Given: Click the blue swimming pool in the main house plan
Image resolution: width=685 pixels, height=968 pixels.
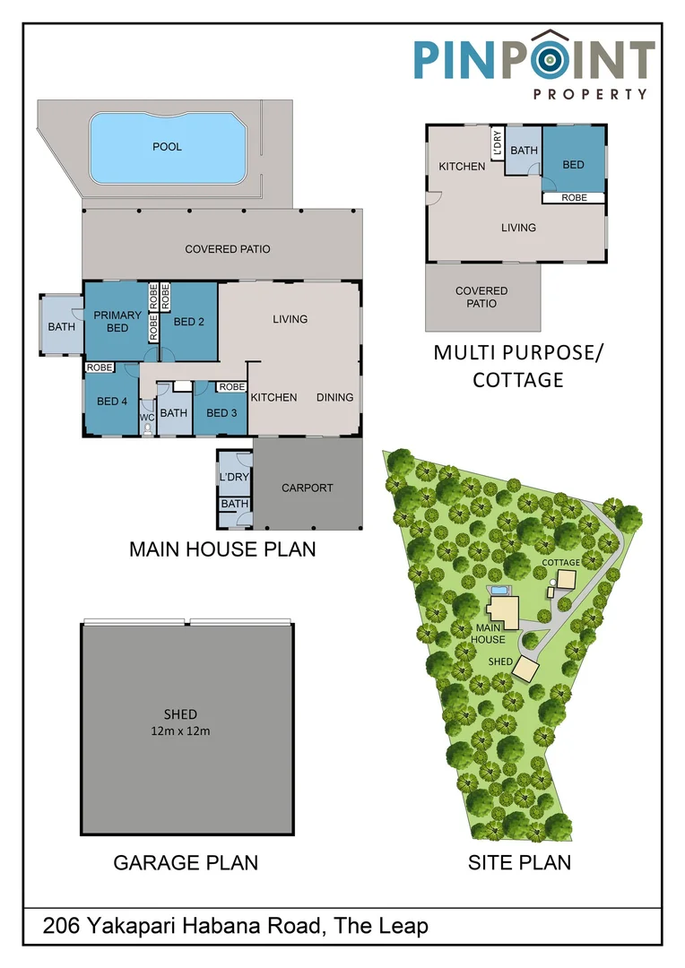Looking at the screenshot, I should [x=167, y=149].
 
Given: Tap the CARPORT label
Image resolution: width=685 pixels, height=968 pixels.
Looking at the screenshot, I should [x=307, y=488].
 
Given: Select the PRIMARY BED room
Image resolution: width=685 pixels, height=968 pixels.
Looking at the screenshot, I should [x=117, y=321].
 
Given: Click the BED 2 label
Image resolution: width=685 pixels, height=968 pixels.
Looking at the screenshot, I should [x=190, y=322].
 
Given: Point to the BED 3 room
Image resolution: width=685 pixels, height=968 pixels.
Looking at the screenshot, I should [x=221, y=413].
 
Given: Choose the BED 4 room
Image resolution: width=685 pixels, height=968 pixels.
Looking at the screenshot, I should [x=112, y=402].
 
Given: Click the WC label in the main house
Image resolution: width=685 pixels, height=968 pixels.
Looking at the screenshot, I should [x=147, y=418].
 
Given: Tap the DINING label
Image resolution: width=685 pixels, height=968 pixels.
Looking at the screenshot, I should [x=334, y=397].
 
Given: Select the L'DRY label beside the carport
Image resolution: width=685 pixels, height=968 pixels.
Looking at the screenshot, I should [x=233, y=477].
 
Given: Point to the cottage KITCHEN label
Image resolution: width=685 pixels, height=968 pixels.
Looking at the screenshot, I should [x=462, y=167].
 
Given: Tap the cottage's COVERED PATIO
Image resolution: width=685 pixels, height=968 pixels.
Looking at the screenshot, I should [x=481, y=297].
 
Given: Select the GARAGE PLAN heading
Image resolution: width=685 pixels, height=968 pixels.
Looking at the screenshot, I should [x=186, y=862].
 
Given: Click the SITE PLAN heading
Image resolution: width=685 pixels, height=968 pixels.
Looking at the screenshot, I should [x=519, y=862].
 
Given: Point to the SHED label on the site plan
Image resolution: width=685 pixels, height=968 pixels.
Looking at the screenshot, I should [x=500, y=661].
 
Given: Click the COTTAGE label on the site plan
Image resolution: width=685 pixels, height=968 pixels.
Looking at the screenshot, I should [x=560, y=561].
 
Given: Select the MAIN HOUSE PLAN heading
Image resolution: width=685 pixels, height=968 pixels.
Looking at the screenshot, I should [x=222, y=548].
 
